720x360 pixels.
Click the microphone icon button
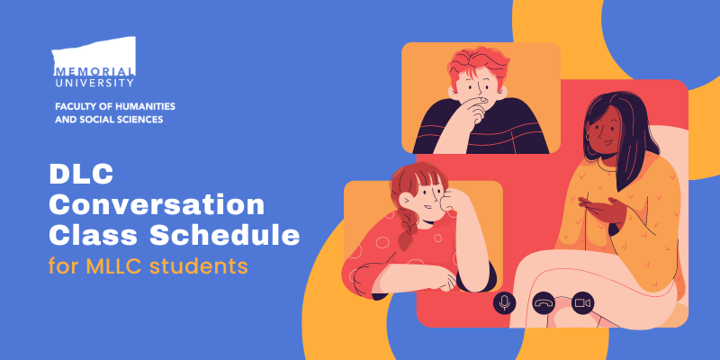point(505,303)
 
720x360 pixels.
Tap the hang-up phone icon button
point(544,303)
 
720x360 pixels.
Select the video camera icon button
point(582,303)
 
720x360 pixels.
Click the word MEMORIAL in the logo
point(95,70)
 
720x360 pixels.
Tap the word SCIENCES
point(138,120)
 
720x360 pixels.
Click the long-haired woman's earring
point(589,137)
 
